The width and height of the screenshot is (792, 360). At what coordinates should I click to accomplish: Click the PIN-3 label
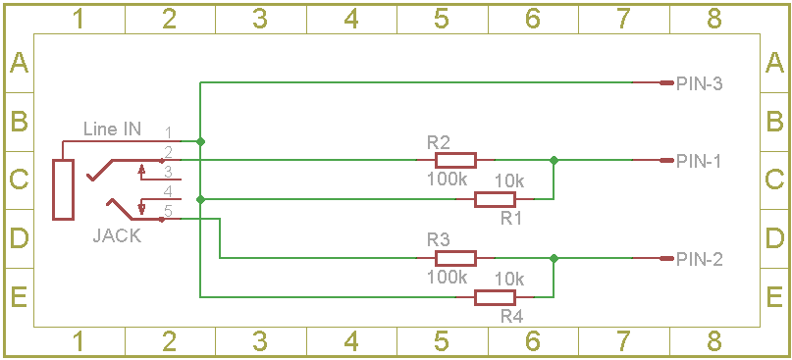click(x=699, y=83)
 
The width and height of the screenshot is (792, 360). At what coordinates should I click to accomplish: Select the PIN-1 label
click(x=699, y=162)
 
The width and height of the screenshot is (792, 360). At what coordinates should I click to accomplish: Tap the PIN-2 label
click(x=699, y=260)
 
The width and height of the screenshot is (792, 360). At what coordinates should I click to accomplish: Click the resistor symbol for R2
click(x=455, y=160)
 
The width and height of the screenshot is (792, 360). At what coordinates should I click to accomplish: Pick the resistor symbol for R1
click(x=495, y=199)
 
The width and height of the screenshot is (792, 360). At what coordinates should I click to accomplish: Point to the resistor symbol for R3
click(x=455, y=259)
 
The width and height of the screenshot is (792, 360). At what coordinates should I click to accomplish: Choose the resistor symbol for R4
click(x=495, y=298)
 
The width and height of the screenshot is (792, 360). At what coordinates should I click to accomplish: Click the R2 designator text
click(x=439, y=142)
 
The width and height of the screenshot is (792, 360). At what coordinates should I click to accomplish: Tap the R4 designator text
click(x=512, y=317)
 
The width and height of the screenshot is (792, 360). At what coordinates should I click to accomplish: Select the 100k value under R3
click(x=447, y=277)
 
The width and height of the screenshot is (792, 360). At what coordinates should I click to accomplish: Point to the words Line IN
click(x=112, y=129)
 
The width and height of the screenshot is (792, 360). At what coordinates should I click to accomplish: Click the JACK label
click(x=117, y=236)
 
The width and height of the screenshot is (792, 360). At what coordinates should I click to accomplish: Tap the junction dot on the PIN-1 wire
click(x=554, y=160)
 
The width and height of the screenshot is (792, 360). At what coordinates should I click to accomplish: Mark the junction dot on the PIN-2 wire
click(x=554, y=259)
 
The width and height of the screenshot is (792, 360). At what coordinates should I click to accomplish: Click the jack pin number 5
click(x=169, y=211)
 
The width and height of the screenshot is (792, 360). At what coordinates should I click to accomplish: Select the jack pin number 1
click(x=169, y=132)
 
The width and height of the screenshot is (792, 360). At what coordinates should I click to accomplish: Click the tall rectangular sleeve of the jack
click(x=63, y=190)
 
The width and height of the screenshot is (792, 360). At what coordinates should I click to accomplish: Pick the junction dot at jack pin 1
click(x=200, y=141)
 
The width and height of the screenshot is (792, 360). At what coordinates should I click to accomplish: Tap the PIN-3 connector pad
click(x=666, y=82)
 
